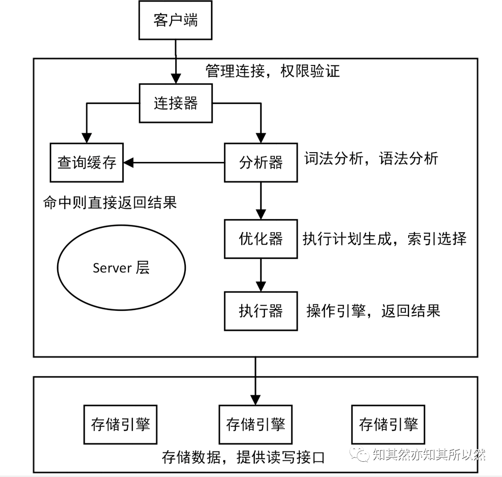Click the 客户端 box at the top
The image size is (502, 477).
pos(175,21)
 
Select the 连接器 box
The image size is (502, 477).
pos(176,103)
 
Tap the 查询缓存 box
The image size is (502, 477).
pos(87,162)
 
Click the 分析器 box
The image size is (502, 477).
pos(261,162)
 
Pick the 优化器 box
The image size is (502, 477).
pos(261,239)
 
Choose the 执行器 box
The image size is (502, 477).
pos(261,311)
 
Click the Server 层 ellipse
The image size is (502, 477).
pos(121,268)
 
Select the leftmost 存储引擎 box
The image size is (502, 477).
pos(120,425)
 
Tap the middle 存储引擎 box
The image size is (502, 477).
pos(255,425)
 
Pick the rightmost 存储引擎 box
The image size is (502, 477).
pos(389,425)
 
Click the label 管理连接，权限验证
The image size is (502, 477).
pos(273,71)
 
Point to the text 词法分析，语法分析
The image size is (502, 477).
pos(371,159)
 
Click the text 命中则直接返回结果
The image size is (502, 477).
pos(110,203)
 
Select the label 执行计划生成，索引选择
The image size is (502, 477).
pos(384,238)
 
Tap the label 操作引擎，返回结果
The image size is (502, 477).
pos(373,310)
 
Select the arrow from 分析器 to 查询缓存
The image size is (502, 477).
pos(174,162)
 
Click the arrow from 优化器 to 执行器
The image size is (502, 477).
pos(261,274)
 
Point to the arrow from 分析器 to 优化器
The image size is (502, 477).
pos(261,200)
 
